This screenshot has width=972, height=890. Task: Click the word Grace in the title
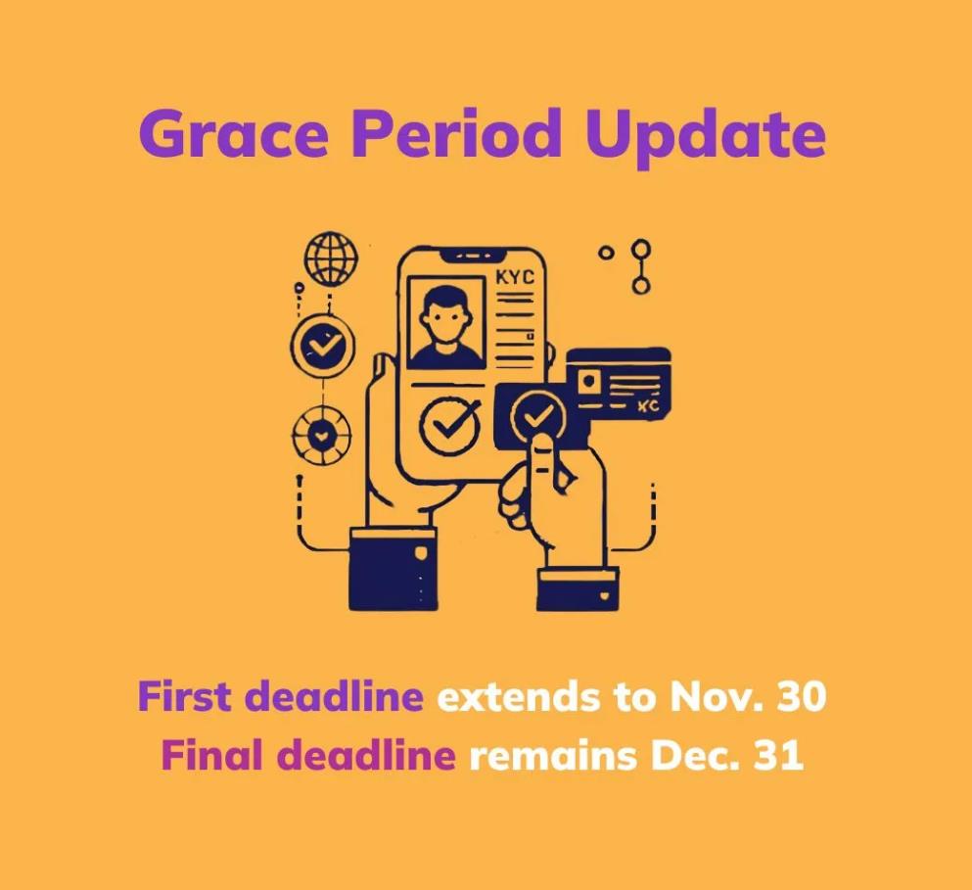232,133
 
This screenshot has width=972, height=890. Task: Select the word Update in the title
705,138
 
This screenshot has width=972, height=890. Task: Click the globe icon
332,259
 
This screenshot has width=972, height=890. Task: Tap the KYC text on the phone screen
515,277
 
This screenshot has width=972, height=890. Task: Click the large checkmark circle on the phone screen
450,425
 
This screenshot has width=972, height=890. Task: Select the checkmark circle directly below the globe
323,345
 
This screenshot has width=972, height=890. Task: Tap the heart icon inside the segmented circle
321,436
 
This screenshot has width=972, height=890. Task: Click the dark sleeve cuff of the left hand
393,569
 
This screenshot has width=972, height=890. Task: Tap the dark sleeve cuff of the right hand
578,589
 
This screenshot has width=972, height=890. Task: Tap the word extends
519,697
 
